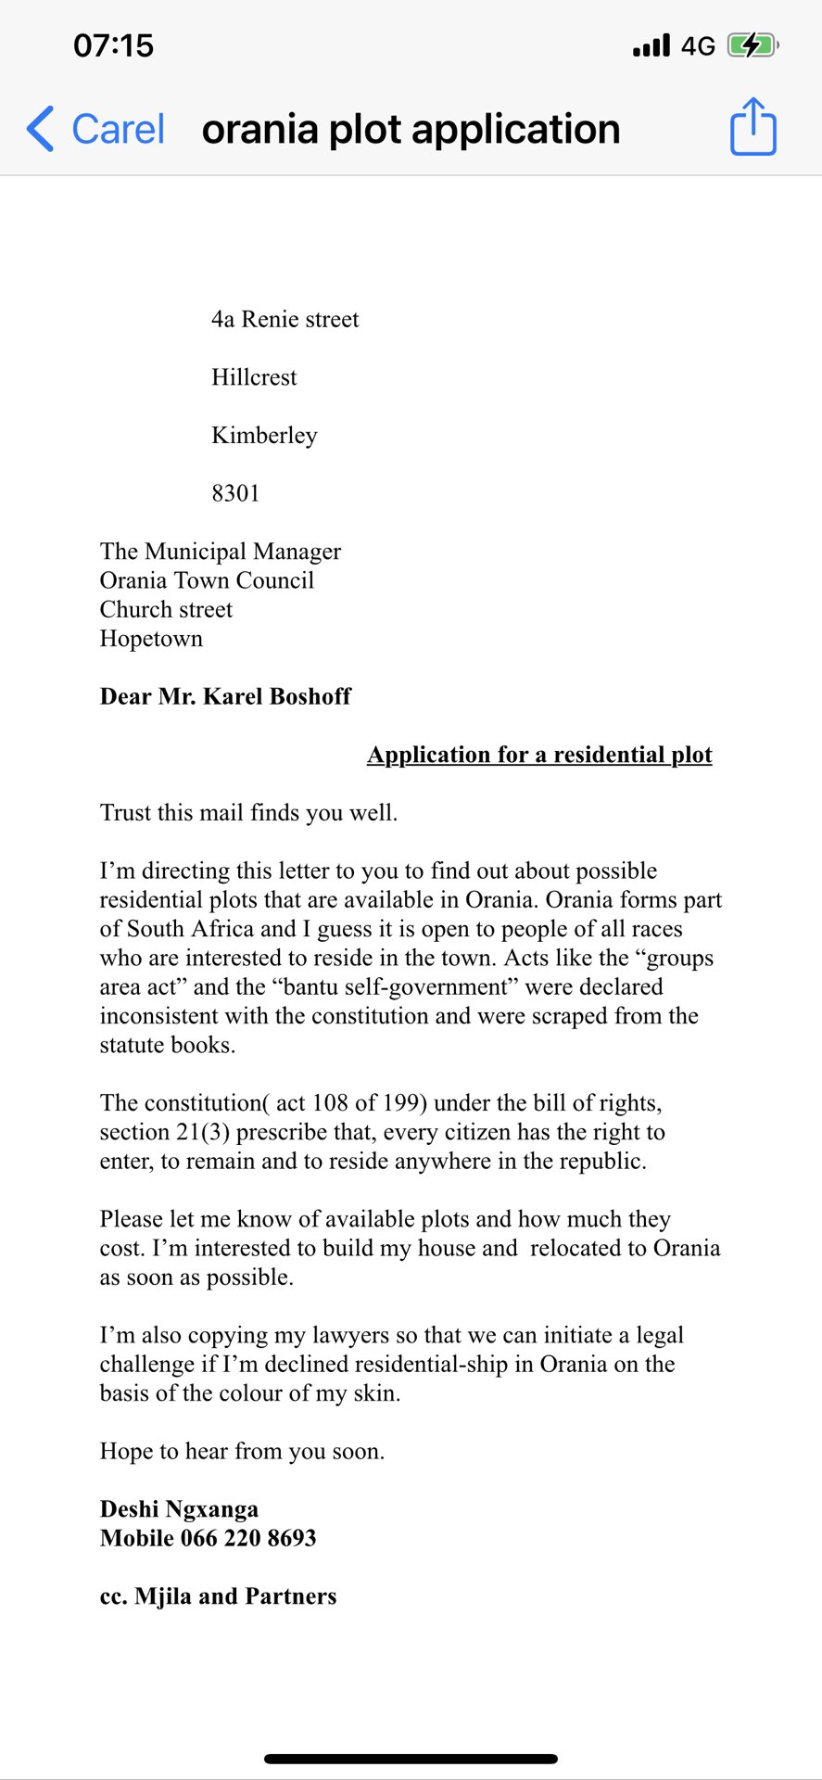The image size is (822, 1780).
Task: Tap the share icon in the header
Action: (x=752, y=127)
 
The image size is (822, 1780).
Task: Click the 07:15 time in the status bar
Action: (x=113, y=45)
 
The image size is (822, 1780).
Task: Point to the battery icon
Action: (x=752, y=45)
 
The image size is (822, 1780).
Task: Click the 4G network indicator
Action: (x=698, y=46)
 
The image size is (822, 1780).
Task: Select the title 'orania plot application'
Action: (x=411, y=129)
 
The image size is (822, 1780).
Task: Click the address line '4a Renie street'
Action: (x=285, y=320)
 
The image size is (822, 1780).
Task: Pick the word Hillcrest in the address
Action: (x=254, y=377)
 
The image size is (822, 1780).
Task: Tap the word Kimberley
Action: (x=264, y=436)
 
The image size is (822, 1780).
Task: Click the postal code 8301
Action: (x=235, y=493)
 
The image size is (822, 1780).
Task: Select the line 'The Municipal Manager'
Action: (x=221, y=552)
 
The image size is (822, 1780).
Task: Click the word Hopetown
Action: (x=151, y=639)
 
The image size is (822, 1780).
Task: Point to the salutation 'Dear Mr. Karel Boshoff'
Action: (x=225, y=696)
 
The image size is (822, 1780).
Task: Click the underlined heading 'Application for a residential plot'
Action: (x=539, y=755)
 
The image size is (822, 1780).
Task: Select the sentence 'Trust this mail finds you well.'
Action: (x=248, y=813)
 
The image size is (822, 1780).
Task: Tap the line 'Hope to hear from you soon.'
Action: (x=242, y=1451)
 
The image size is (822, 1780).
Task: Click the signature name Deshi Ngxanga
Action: (x=179, y=1509)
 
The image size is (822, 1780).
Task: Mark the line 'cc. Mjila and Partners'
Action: (x=218, y=1596)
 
